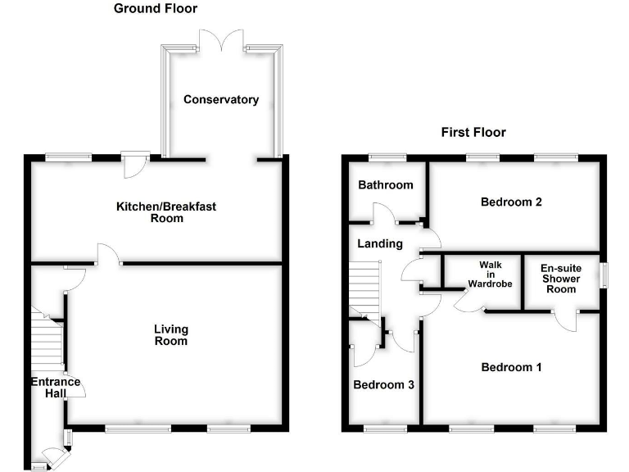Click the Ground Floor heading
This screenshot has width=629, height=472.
point(156,9)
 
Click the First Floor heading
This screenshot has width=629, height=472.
point(473,132)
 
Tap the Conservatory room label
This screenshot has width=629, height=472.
point(221,100)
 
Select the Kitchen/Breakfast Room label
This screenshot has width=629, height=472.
point(165,212)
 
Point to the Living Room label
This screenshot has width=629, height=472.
point(171,334)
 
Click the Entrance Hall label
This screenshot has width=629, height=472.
point(56,388)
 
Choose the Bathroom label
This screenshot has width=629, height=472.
point(386,185)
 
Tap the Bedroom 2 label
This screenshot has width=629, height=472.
point(512,202)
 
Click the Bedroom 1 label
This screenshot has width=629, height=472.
point(511,367)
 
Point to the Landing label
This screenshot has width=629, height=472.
point(380,243)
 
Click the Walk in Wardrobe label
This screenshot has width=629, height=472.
point(490,275)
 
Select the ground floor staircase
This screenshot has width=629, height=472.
point(47,340)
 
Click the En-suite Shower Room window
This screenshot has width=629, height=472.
point(604,275)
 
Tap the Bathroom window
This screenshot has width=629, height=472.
point(387,157)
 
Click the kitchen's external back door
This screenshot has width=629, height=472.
point(133,165)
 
